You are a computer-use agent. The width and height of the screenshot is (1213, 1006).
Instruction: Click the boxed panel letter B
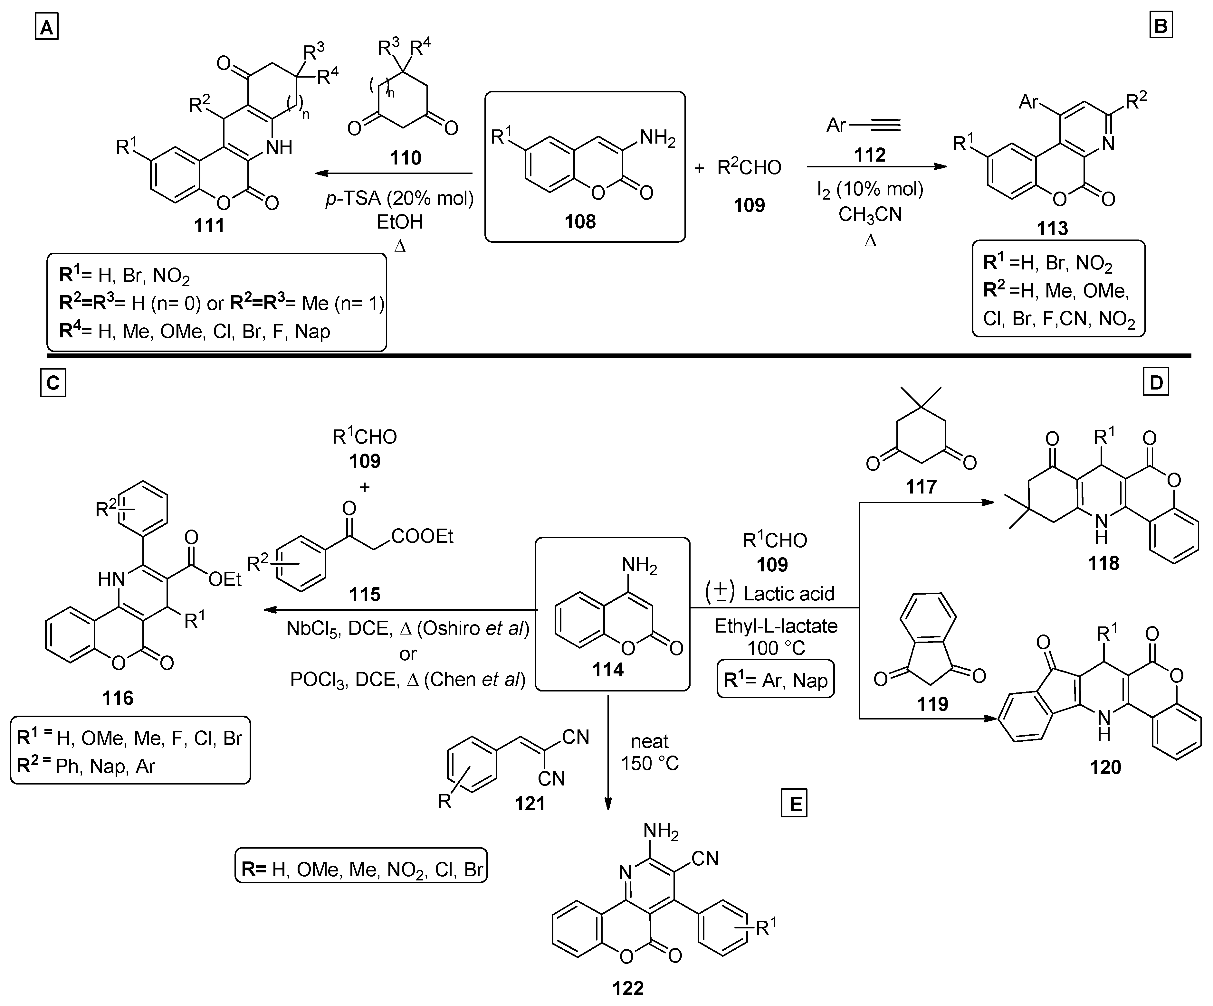pos(1160,26)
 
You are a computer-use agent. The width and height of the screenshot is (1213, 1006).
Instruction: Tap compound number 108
pos(580,221)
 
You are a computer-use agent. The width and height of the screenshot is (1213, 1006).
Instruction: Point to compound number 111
pos(209,225)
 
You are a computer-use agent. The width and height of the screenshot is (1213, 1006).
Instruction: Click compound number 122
pos(628,988)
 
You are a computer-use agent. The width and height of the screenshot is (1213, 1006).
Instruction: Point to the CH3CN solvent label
pos(870,215)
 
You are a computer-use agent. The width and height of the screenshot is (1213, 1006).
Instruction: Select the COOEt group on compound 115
pos(422,536)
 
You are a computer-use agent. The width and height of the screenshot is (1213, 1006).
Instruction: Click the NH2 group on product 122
pos(661,832)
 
